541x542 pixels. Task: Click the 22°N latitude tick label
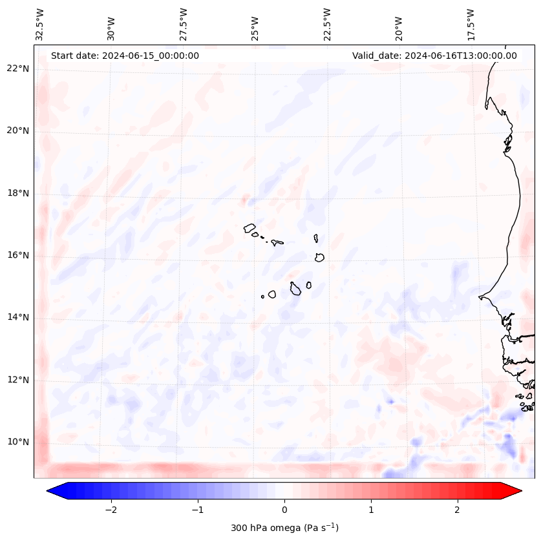tap(18, 68)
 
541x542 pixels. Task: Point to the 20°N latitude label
tap(18, 130)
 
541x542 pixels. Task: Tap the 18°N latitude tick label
tap(18, 193)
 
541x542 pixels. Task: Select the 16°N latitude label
tap(18, 255)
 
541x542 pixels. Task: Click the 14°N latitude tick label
tap(18, 317)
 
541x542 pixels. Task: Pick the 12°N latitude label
tap(18, 380)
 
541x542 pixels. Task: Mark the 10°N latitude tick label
tap(18, 442)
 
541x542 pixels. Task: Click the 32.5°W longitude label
tap(40, 24)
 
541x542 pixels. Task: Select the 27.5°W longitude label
tap(184, 24)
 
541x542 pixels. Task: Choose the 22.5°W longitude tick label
tap(327, 24)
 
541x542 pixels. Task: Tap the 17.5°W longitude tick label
tap(471, 24)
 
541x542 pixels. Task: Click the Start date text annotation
tap(125, 56)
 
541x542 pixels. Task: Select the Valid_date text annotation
tap(434, 56)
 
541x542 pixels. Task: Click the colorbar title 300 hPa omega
tap(284, 528)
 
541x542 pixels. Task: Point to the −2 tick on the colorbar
tap(111, 509)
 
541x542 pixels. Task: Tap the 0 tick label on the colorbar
tap(284, 509)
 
